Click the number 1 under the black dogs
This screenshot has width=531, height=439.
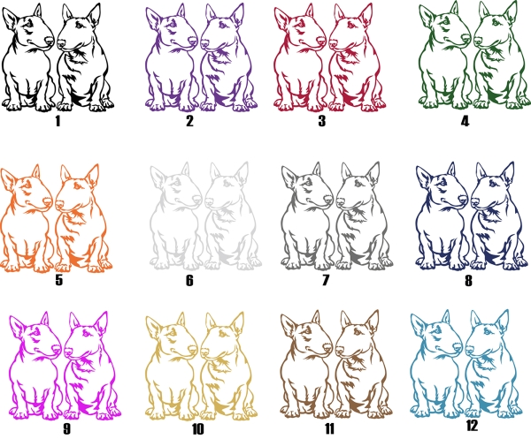[x=58, y=121]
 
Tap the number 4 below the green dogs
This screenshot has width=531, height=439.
[x=466, y=121]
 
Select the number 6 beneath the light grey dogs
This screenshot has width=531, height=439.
[x=189, y=280]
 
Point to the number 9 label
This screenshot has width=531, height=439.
[x=66, y=428]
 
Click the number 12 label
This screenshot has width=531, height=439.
[x=472, y=426]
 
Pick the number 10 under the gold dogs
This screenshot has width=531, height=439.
[x=198, y=429]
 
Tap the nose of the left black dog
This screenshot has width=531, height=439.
[x=50, y=41]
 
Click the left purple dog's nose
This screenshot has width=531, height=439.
[x=193, y=42]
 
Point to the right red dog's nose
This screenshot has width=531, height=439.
[x=334, y=43]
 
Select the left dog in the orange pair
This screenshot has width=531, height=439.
[x=27, y=220]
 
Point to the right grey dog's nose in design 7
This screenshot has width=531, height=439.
[x=341, y=202]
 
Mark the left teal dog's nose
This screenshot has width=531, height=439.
[x=458, y=348]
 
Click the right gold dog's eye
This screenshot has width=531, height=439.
[x=222, y=334]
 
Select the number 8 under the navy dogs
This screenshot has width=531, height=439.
[x=468, y=280]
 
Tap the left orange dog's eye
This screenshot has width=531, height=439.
[x=27, y=185]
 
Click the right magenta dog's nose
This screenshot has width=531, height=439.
[x=68, y=352]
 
